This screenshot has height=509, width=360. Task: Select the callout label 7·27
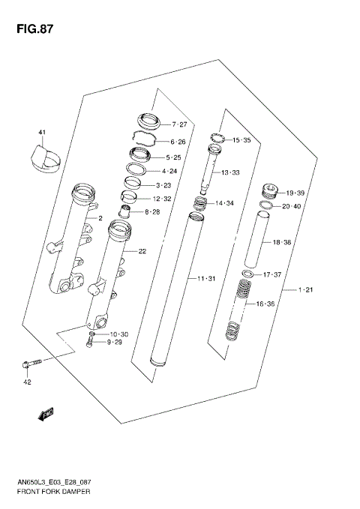180,124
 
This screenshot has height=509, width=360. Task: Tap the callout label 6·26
178,141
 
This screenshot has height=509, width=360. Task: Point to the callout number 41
43,133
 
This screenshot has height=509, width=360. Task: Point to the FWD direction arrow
44,412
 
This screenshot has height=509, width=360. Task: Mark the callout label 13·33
229,172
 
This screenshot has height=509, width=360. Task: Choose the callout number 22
141,251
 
